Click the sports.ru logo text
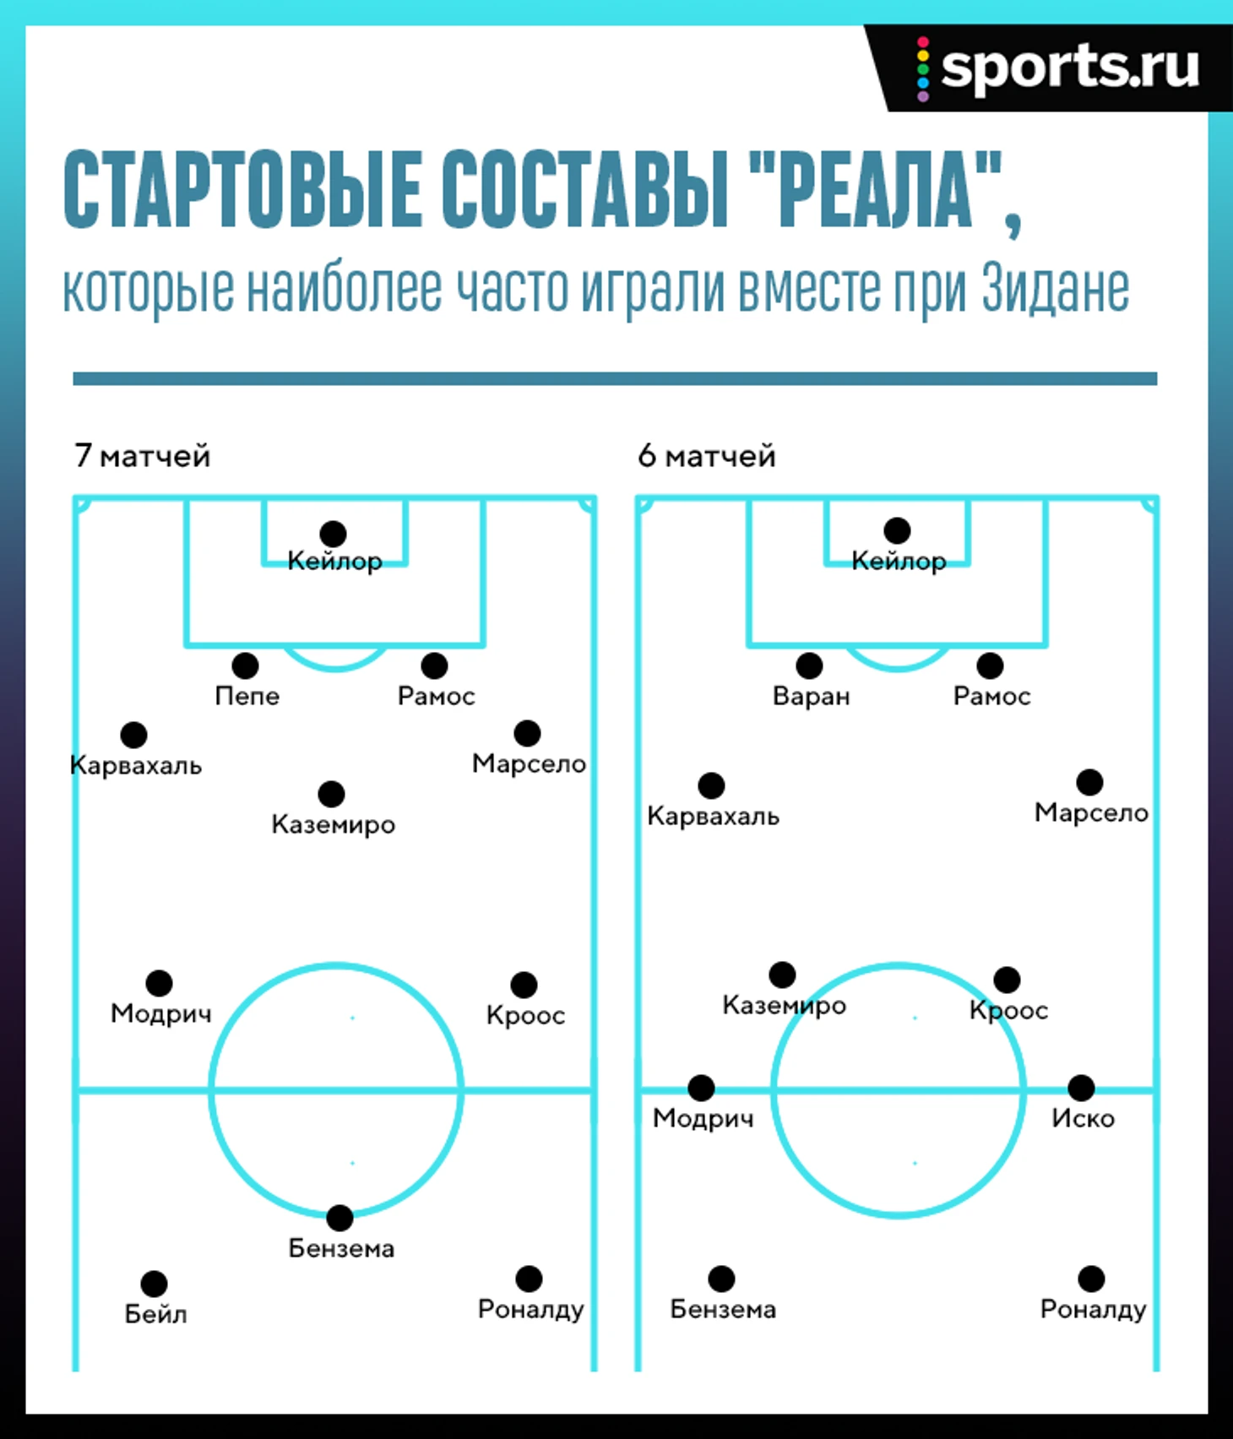pyautogui.click(x=1070, y=68)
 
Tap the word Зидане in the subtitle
pyautogui.click(x=1056, y=289)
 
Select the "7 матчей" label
pyautogui.click(x=142, y=456)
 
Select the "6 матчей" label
pyautogui.click(x=707, y=456)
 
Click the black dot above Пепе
pyautogui.click(x=245, y=665)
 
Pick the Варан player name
pyautogui.click(x=811, y=697)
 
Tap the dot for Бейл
pyautogui.click(x=154, y=1284)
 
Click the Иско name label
pyautogui.click(x=1083, y=1119)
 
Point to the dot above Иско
pyautogui.click(x=1081, y=1088)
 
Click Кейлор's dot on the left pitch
pyautogui.click(x=333, y=534)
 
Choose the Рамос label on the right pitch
pyautogui.click(x=991, y=697)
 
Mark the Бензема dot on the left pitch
pyautogui.click(x=339, y=1218)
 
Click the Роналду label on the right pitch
pyautogui.click(x=1093, y=1310)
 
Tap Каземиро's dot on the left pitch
pyautogui.click(x=331, y=794)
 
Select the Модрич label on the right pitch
pyautogui.click(x=703, y=1119)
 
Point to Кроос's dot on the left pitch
pyautogui.click(x=524, y=985)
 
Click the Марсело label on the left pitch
pyautogui.click(x=529, y=764)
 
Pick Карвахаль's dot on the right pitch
pyautogui.click(x=711, y=785)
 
